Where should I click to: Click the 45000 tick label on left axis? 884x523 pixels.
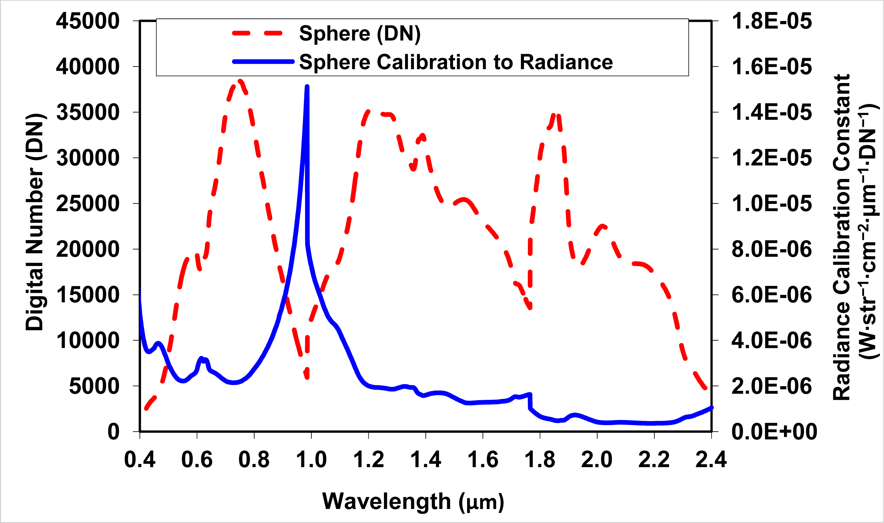(88, 21)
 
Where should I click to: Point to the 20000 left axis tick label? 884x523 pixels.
(88, 249)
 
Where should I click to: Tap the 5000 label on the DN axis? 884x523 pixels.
(94, 386)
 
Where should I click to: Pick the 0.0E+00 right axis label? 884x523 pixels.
(774, 432)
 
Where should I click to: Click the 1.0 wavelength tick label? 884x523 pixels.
(311, 460)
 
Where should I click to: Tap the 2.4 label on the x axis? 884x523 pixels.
(711, 460)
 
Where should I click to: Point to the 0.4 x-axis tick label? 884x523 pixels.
(140, 460)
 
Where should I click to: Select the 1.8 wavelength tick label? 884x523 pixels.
(540, 460)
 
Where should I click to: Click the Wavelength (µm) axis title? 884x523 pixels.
(413, 501)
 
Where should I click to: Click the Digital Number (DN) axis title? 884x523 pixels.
(35, 222)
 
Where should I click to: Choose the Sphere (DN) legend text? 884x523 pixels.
(359, 34)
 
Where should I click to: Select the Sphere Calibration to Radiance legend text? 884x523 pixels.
(456, 62)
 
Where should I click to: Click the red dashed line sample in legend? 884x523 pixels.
(257, 34)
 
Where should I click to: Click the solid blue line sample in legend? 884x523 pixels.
(263, 62)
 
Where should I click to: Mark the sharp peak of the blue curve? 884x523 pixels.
(307, 87)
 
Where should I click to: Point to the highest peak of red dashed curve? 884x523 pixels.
(241, 82)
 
